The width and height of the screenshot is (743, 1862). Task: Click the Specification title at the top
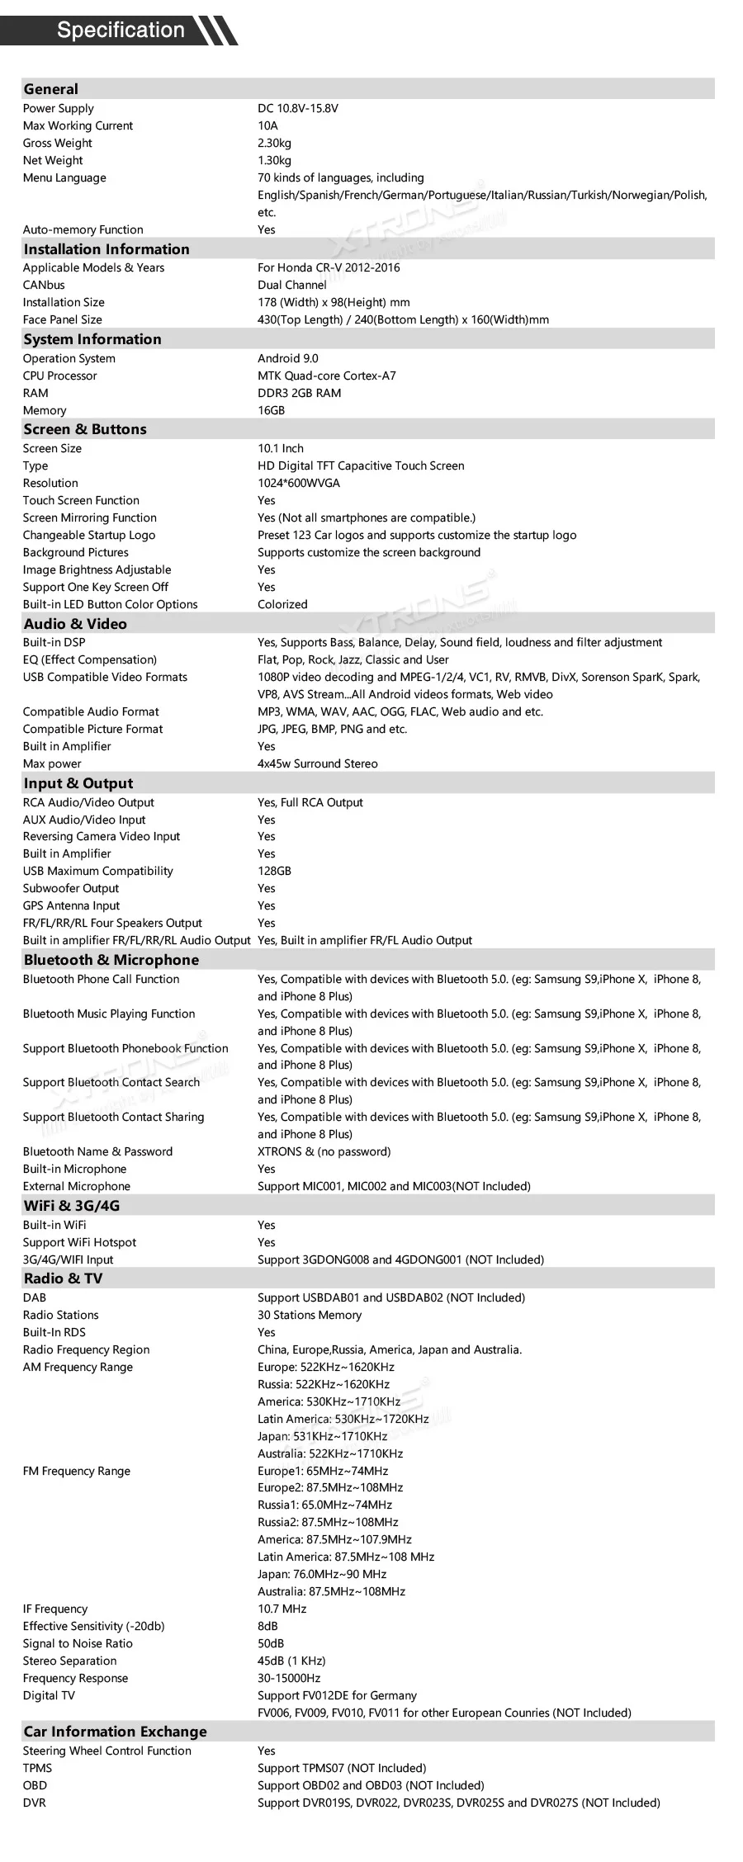121,31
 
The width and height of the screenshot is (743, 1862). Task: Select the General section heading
51,89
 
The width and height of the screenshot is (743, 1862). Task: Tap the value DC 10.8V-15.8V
298,108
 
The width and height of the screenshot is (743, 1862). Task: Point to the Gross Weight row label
58,143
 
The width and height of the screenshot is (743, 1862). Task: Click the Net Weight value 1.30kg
274,160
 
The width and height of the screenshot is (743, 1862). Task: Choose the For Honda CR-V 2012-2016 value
329,267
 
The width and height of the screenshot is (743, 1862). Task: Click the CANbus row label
44,285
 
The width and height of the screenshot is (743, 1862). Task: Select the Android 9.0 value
287,358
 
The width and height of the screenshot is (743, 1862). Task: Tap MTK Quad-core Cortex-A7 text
327,376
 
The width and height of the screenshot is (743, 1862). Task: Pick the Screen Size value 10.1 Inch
281,448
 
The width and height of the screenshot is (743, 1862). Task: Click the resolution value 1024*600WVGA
299,483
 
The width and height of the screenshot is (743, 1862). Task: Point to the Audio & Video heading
75,624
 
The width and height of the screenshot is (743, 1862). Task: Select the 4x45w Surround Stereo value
318,763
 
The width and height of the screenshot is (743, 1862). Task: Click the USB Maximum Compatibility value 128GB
274,871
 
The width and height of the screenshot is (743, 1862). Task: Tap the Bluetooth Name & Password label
98,1151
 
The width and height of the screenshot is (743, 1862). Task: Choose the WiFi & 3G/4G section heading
72,1206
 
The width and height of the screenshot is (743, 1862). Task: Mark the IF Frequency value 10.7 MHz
282,1609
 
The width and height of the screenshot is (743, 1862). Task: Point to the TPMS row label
37,1768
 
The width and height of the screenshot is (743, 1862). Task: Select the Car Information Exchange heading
116,1732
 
